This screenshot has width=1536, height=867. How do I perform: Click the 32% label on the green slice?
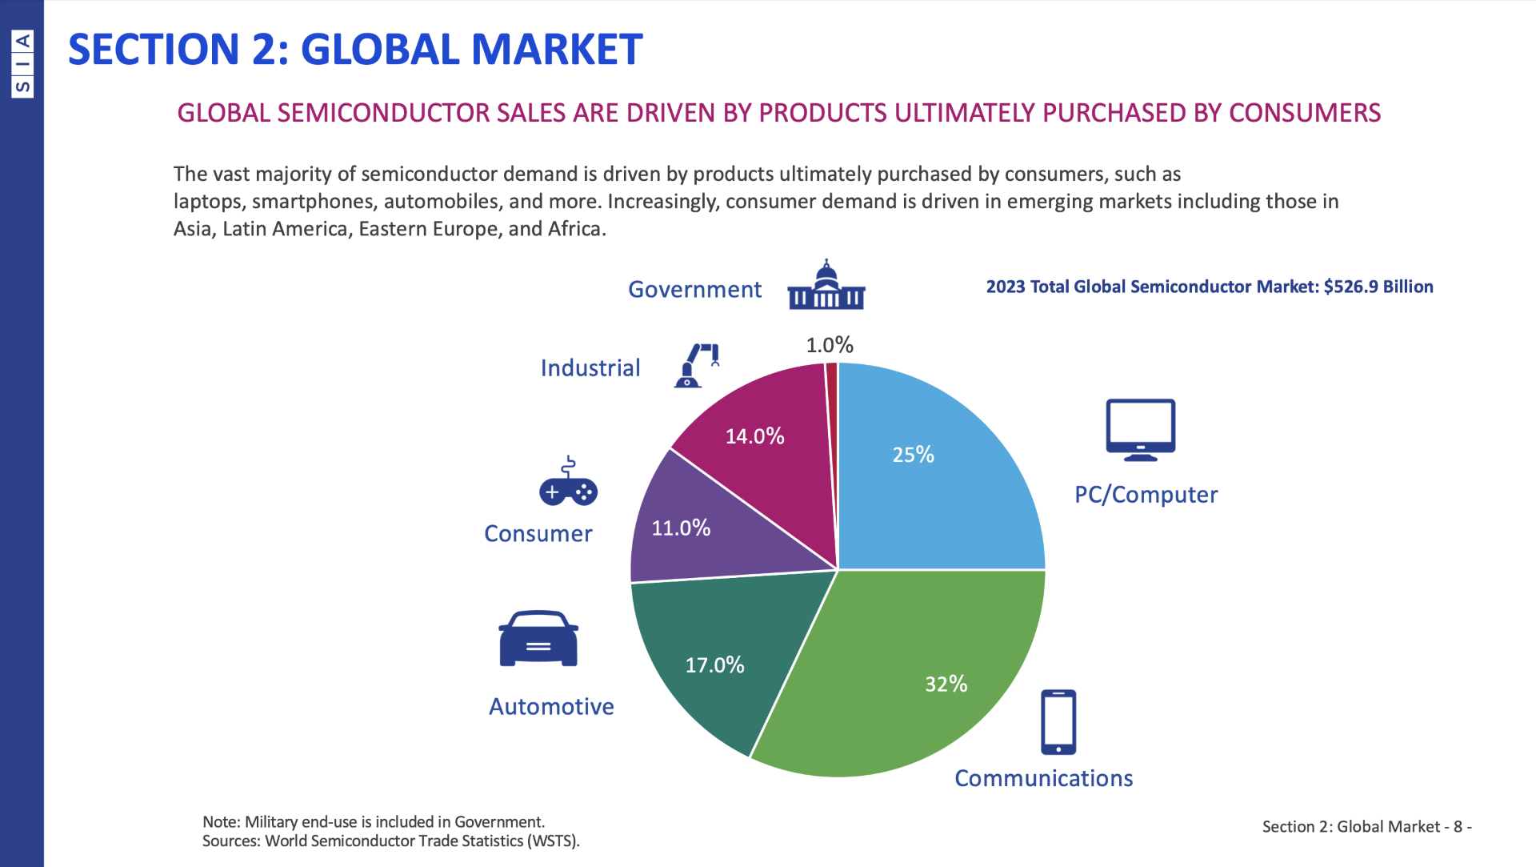pos(946,684)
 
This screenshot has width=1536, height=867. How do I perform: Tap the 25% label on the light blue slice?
pos(913,455)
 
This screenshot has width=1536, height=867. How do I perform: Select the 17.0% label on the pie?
pos(714,664)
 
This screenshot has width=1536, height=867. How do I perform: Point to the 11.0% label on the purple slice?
pos(681,528)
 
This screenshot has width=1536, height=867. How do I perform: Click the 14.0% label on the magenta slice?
pos(754,436)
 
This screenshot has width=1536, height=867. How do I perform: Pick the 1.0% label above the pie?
pos(830,345)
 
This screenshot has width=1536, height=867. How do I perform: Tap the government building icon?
pos(826,286)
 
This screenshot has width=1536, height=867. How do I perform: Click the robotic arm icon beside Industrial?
pos(698,366)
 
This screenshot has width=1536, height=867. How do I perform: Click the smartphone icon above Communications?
pos(1058,722)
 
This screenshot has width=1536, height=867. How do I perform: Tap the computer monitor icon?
pos(1140,430)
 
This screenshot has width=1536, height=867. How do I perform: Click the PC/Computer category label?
pos(1146,495)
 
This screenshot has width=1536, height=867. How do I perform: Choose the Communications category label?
pos(1043,778)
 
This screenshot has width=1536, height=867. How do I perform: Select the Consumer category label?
pos(538,534)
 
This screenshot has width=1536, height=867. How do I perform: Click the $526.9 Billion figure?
pos(1378,287)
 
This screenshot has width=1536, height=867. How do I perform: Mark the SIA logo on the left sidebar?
pos(22,64)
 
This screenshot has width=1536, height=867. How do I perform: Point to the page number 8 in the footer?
pos(1458,826)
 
